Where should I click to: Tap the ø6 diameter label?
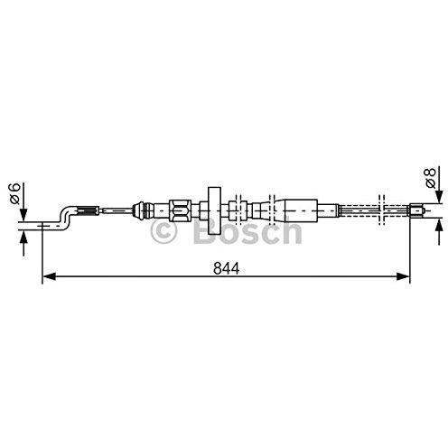[x=14, y=192]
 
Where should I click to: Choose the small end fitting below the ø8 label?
[x=417, y=212]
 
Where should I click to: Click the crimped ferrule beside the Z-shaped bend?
[x=87, y=211]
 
